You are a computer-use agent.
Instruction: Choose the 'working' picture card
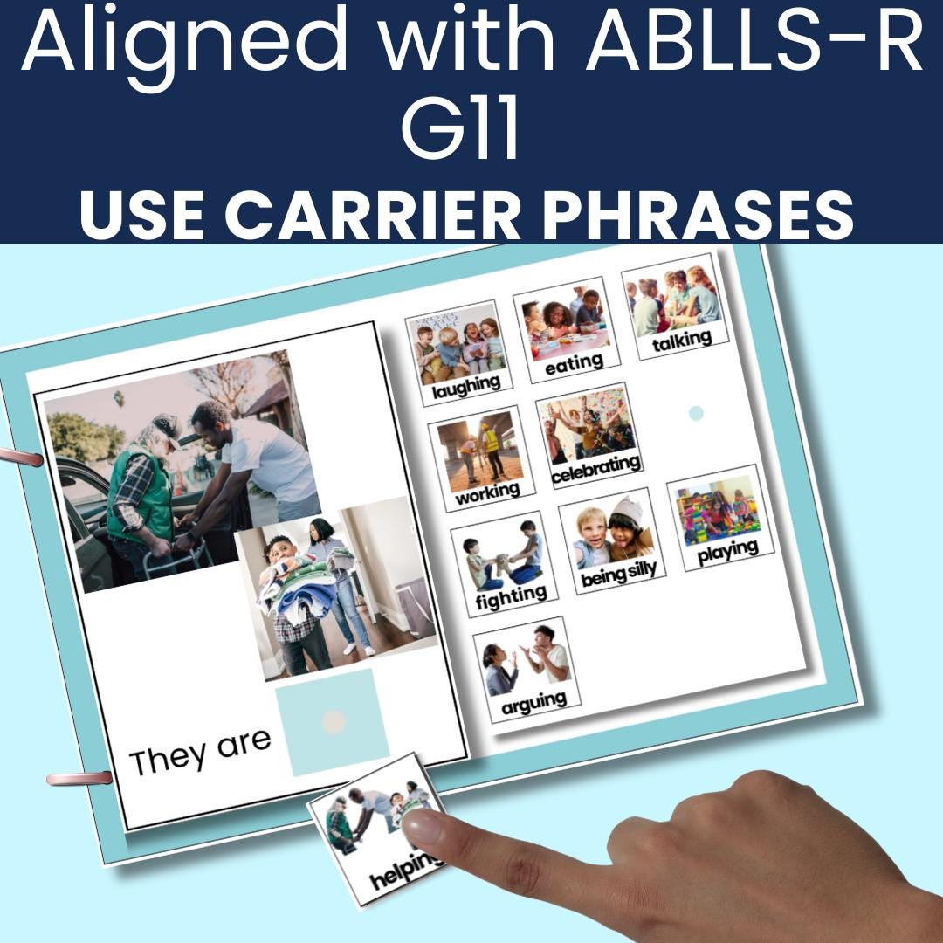pos(482,458)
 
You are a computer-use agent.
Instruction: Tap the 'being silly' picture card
pos(613,540)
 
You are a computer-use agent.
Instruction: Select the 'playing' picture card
pos(721,517)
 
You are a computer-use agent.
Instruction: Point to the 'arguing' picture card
pos(527,669)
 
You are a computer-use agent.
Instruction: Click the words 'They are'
pos(200,751)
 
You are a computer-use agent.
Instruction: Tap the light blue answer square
pos(333,722)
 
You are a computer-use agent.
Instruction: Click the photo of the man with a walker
pos(180,471)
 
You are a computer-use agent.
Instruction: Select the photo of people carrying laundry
pos(335,589)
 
